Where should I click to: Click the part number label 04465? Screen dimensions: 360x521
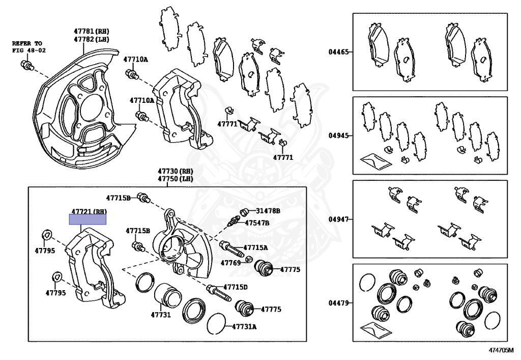[338, 52]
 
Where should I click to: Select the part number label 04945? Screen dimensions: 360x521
[338, 136]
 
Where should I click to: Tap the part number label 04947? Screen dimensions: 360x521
[338, 219]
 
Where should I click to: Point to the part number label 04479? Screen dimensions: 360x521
[338, 303]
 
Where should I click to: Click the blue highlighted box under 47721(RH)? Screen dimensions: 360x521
[88, 219]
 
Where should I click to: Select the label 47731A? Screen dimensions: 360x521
[244, 326]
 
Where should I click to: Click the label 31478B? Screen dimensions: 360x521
[268, 210]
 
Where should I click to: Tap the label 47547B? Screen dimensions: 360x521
[257, 223]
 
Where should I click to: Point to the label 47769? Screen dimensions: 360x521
[230, 263]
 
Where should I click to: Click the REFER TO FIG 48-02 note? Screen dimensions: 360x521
[27, 47]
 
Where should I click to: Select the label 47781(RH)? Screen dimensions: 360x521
[92, 32]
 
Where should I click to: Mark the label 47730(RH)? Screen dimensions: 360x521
[176, 172]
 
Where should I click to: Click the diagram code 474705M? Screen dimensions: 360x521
[502, 351]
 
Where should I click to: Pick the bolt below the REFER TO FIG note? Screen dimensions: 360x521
[26, 65]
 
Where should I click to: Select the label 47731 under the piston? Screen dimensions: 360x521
[160, 315]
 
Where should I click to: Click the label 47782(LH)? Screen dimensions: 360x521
[92, 39]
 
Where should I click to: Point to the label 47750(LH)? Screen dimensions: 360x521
[176, 179]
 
